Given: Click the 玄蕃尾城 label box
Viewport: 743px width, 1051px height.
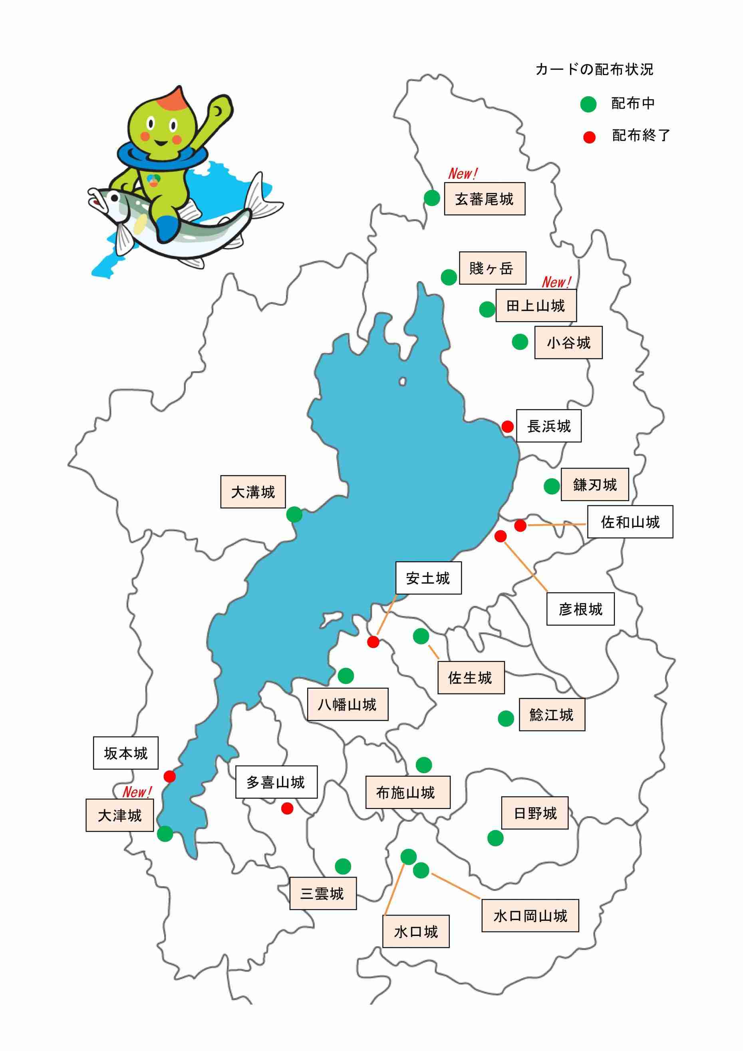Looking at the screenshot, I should (484, 199).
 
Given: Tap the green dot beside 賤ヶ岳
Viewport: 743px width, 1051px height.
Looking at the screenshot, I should (449, 277).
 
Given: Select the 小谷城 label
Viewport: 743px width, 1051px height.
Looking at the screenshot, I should (568, 342).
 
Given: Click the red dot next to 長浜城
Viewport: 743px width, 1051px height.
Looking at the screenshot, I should (507, 427).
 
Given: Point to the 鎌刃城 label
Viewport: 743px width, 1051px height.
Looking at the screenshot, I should (594, 484).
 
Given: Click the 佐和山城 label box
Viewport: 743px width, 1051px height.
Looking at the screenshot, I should (630, 522).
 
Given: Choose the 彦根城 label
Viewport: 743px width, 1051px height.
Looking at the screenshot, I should (580, 609).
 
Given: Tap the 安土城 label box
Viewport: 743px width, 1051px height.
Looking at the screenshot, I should (428, 578).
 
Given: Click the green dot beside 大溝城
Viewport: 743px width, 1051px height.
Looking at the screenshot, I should (294, 514).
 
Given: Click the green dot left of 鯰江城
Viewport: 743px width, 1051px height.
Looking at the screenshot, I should (506, 718).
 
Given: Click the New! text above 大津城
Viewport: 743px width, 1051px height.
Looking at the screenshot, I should (137, 791).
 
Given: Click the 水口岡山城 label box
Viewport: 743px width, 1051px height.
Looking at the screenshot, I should (530, 916).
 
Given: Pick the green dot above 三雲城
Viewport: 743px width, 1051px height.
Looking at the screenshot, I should (343, 866).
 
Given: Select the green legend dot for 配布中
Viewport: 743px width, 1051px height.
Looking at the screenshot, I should (588, 104).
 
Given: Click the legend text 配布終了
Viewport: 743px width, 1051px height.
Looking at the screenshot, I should (640, 135).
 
